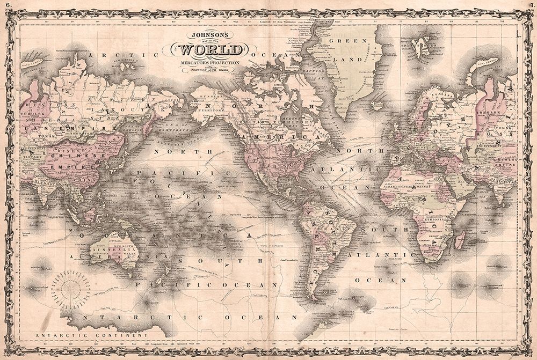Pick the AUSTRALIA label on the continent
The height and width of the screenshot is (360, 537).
click(106, 250)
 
